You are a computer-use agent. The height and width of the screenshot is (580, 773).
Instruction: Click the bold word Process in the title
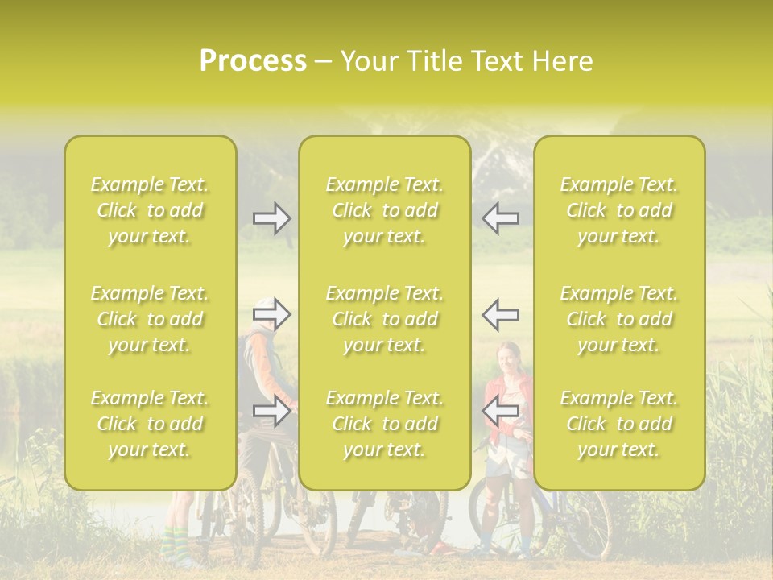coord(253,61)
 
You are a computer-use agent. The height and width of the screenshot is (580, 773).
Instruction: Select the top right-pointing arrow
coord(272,218)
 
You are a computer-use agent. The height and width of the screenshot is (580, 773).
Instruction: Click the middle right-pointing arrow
coord(272,315)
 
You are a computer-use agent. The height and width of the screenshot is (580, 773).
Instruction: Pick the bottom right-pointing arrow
coord(272,411)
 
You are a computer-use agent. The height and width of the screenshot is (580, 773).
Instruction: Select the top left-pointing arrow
coord(500,218)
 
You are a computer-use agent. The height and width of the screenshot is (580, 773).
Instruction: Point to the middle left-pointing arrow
coord(500,315)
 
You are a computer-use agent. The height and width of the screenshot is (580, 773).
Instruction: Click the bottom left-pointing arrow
coord(500,411)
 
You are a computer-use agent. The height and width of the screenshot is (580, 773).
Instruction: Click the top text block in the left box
coord(150,210)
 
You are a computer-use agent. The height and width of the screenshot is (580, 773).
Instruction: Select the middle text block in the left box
coord(150,319)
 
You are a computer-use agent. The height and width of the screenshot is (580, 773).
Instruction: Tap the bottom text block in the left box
coord(150,424)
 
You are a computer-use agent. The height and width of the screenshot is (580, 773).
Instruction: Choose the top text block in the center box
coord(384,210)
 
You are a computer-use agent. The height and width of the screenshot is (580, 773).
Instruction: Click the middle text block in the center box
coord(384,319)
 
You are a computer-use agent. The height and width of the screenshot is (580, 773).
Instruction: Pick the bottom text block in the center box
coord(384,424)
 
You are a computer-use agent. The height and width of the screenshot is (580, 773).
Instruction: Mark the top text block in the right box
coord(619,210)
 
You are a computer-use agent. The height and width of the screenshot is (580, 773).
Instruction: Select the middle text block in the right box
coord(619,319)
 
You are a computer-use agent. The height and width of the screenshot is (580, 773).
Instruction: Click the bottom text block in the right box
coord(619,424)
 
